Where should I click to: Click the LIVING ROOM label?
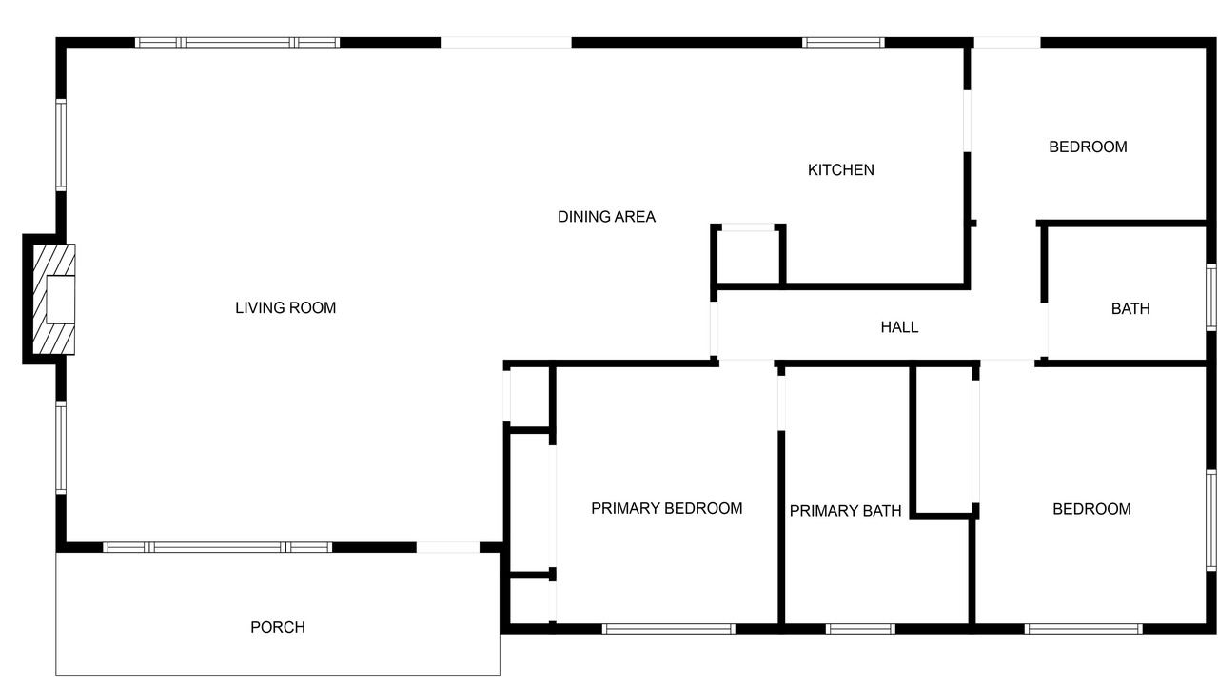click(285, 308)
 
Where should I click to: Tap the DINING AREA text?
click(606, 217)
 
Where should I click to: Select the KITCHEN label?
click(840, 170)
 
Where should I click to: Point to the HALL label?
click(899, 327)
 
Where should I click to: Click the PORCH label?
click(278, 627)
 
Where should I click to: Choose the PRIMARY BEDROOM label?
click(667, 508)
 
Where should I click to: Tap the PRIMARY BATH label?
click(845, 511)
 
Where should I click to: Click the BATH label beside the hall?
click(1130, 309)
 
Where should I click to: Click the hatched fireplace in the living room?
click(54, 300)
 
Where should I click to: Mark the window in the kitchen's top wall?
click(843, 43)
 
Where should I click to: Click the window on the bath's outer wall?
click(1211, 297)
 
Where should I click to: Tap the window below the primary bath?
click(860, 629)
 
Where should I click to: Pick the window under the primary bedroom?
click(668, 629)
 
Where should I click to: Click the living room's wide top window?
click(238, 43)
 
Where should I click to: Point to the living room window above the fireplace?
click(61, 145)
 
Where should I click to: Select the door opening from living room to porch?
click(448, 547)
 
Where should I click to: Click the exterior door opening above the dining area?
click(505, 43)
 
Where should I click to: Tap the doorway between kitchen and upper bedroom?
click(968, 121)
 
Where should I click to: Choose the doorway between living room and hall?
click(714, 328)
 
